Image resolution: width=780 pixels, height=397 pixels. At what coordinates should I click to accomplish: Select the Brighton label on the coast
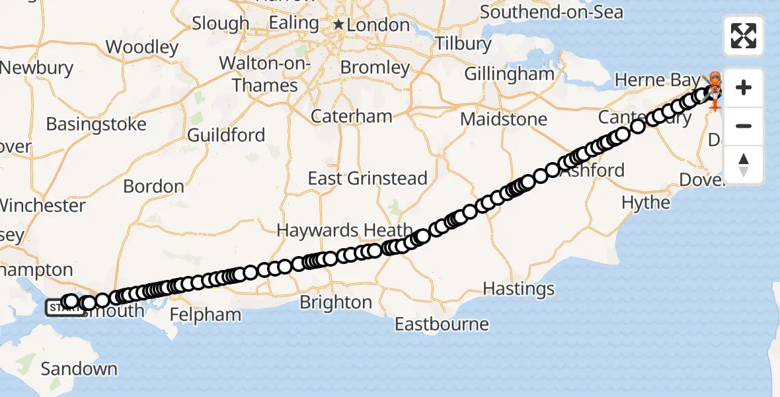(x=336, y=302)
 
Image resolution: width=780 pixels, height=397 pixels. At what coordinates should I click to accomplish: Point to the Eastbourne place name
(x=442, y=324)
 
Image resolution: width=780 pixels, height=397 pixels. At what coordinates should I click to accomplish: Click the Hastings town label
(x=519, y=288)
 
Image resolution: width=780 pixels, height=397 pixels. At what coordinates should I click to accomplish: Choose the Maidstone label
(x=504, y=120)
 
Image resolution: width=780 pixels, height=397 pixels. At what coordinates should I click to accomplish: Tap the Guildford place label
(x=226, y=136)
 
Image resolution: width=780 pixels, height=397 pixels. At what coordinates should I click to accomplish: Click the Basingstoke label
(x=96, y=124)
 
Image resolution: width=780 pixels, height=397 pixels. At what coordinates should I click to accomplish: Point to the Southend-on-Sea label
(x=551, y=12)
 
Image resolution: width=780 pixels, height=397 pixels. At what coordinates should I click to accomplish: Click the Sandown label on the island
(x=79, y=369)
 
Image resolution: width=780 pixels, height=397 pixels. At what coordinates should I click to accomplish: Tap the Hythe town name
(x=646, y=202)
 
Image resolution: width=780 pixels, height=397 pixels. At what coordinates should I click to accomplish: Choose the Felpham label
(x=206, y=314)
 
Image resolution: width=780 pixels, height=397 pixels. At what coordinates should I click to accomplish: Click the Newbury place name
(x=37, y=67)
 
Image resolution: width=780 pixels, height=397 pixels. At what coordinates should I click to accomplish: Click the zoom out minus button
(x=744, y=126)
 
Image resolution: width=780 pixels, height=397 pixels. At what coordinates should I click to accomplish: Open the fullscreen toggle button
(x=744, y=36)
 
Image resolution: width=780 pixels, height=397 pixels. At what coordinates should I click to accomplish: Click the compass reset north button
(x=744, y=164)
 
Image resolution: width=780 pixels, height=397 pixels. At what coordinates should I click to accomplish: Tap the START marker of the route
(x=58, y=308)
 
